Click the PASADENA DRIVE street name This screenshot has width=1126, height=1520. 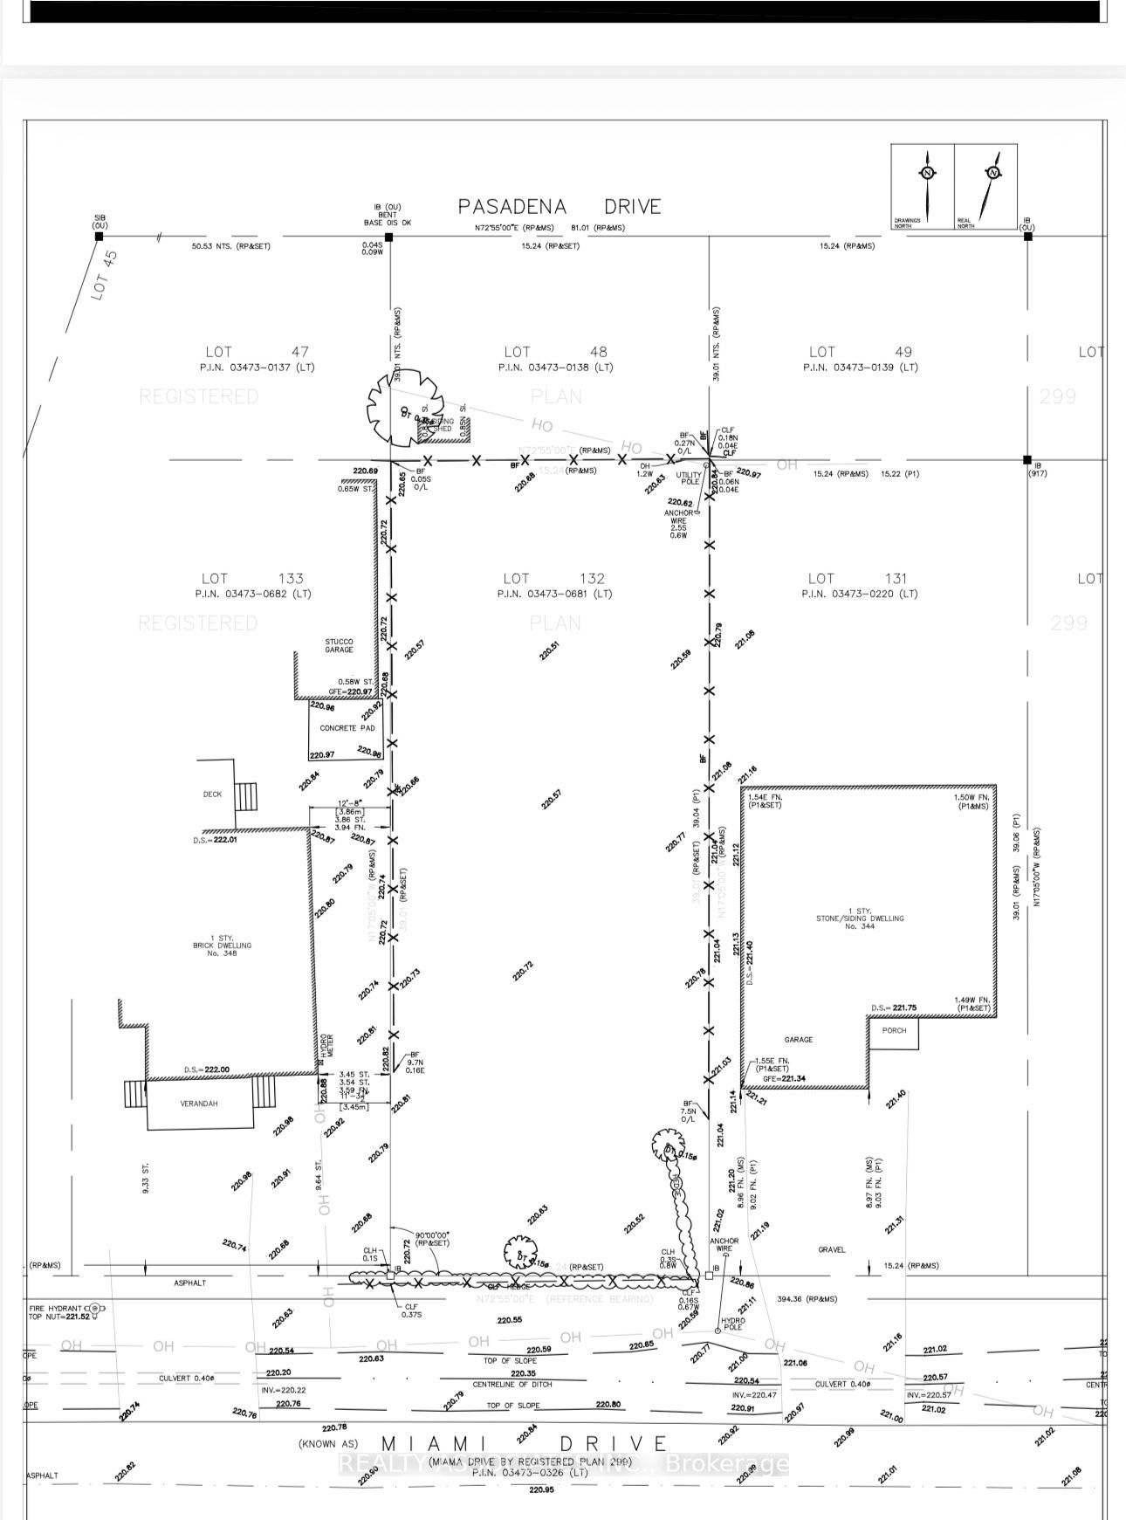point(560,207)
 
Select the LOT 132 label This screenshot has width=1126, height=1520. point(554,578)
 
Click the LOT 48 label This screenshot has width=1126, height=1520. point(555,352)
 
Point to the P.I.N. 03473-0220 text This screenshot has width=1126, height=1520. point(860,594)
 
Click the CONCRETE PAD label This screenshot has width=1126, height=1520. point(347,728)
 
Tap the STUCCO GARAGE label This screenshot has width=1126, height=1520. point(339,645)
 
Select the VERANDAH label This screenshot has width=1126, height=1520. point(199,1104)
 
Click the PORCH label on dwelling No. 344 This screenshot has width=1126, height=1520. point(894,1030)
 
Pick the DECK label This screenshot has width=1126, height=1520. point(212,794)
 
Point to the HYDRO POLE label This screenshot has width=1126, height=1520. point(733,1324)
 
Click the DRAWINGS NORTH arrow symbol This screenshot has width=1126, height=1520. point(928,183)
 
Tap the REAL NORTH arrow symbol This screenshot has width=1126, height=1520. point(992,183)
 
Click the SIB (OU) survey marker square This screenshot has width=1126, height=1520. point(99,237)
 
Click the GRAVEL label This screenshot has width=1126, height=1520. point(832,1249)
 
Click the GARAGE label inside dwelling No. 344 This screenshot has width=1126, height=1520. point(798,1039)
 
